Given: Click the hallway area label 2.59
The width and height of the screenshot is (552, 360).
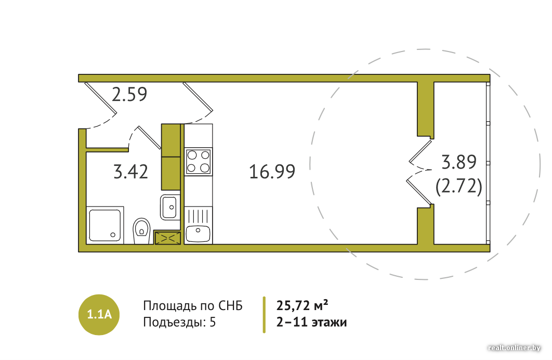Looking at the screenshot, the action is (129, 94).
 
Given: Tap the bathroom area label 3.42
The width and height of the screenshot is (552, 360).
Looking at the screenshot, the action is (130, 172).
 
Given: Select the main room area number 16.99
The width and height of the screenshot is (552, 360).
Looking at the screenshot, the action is (272, 172).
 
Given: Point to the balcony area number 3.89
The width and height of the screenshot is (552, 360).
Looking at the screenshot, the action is (459, 162).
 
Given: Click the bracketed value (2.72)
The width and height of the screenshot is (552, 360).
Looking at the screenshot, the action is (459, 186).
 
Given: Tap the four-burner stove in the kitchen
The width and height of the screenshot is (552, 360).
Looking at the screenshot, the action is (198, 162).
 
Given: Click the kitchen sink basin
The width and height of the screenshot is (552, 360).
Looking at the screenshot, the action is (198, 234).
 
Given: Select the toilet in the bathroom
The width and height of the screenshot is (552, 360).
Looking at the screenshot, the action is (141, 231).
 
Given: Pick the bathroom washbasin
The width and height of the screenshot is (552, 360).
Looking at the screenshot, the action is (170, 207).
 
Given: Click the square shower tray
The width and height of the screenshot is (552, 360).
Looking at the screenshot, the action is (105, 225).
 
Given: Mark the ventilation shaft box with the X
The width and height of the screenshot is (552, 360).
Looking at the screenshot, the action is (167, 238).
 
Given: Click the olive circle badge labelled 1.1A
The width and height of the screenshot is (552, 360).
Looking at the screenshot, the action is (99, 315).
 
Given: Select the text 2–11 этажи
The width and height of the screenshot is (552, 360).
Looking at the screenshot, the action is (311, 323).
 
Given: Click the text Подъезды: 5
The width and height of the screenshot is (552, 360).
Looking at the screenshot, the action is (179, 323).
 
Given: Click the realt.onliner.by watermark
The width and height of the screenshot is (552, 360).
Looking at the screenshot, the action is (514, 348).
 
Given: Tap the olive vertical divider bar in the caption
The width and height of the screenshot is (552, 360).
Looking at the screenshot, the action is (264, 315).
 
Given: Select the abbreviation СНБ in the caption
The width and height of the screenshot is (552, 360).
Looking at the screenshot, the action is (231, 306).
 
